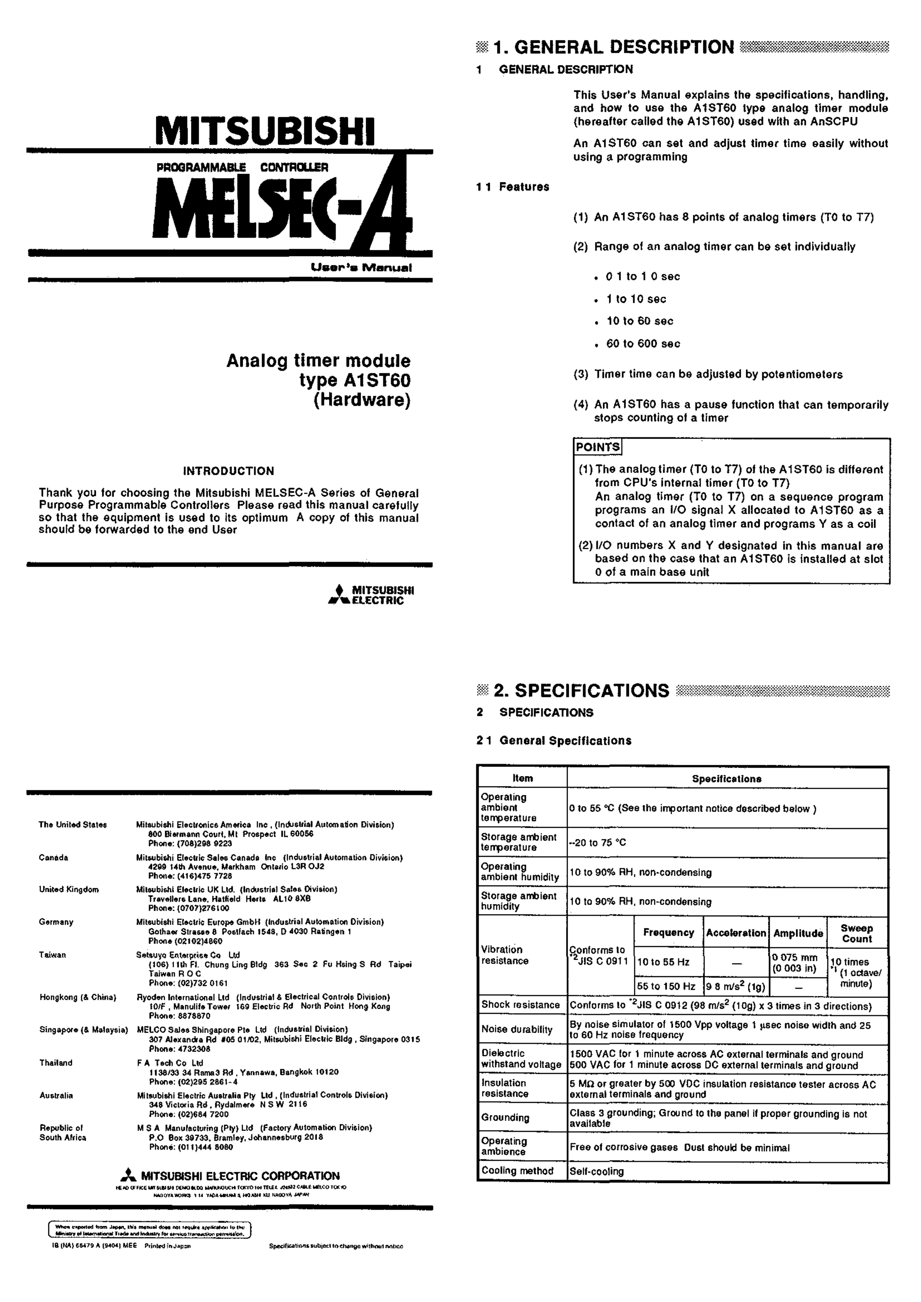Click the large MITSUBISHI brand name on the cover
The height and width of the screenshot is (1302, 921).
(265, 132)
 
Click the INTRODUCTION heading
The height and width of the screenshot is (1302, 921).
(229, 471)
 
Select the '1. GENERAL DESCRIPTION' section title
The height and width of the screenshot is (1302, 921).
(614, 48)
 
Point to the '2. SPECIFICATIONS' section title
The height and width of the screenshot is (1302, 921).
(581, 690)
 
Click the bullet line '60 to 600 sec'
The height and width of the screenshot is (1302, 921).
(643, 344)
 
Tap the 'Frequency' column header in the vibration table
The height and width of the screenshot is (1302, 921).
(668, 933)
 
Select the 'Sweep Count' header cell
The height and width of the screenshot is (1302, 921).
(856, 933)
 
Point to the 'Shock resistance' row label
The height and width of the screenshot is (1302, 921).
(520, 1005)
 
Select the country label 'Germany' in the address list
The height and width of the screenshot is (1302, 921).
(56, 922)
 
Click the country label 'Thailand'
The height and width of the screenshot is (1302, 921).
(56, 1063)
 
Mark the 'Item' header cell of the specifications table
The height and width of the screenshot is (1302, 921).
(522, 778)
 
